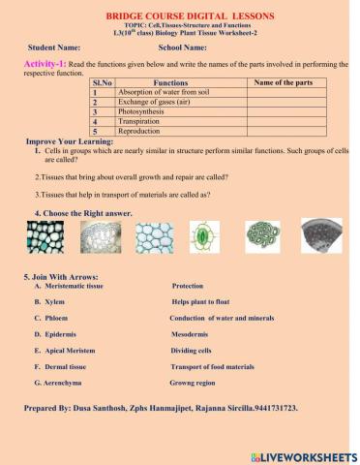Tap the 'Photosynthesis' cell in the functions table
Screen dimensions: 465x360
[x=145, y=111]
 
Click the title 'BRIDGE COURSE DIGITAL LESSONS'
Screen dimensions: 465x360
[x=179, y=16]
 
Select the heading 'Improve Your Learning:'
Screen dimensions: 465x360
[x=70, y=141]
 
